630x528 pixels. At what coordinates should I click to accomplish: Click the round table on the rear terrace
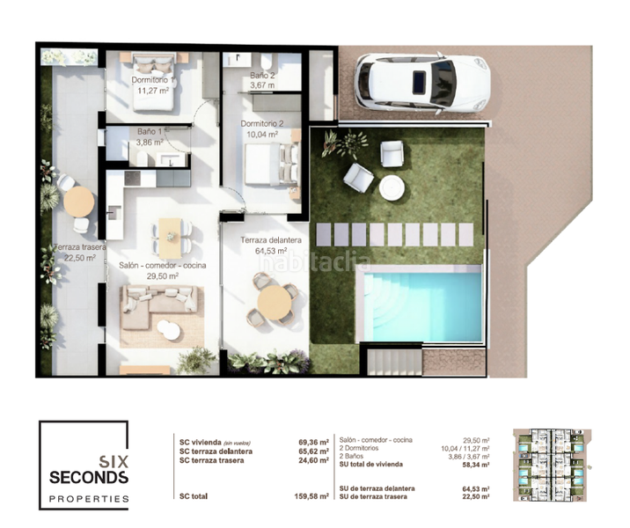79,201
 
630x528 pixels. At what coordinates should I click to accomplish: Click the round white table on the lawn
391,187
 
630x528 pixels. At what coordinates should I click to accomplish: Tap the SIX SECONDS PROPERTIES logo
84,466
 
